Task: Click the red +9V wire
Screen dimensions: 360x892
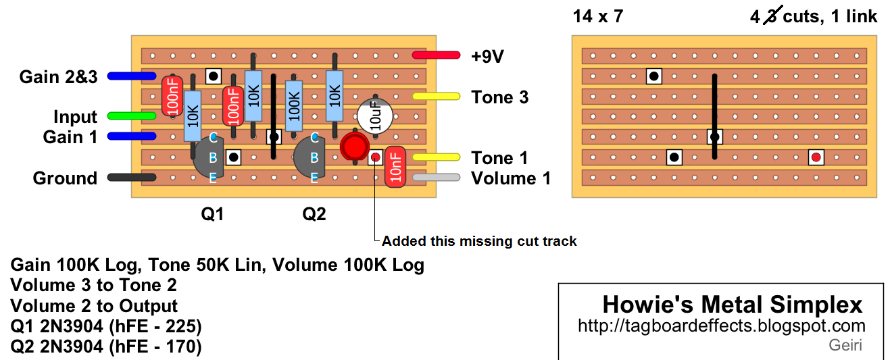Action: point(436,55)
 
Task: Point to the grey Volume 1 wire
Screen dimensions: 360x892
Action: point(436,178)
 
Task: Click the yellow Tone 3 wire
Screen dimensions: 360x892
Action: point(436,97)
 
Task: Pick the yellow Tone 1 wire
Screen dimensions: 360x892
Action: point(436,157)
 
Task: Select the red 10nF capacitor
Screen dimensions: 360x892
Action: point(395,167)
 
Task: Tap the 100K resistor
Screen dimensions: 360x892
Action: point(293,106)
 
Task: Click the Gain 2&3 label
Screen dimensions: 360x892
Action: point(58,77)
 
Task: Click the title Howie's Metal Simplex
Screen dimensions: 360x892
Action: point(733,305)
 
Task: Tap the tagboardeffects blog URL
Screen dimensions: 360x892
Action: point(722,326)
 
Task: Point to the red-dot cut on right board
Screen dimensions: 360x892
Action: point(816,157)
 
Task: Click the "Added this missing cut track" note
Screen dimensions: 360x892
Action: point(479,241)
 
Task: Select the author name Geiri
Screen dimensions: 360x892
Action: point(845,346)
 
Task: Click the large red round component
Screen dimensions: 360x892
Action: point(353,145)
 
